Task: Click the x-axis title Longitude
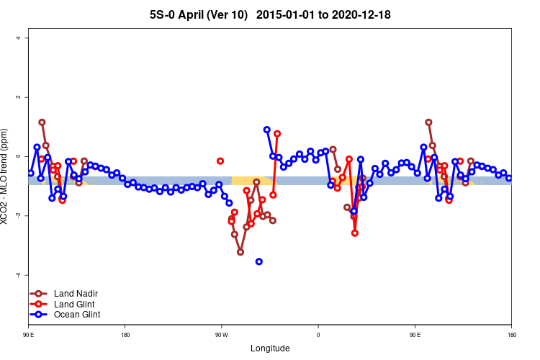click(x=270, y=348)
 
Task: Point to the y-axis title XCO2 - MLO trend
click(x=7, y=176)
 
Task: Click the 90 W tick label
click(x=221, y=335)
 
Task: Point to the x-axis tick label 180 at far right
click(x=511, y=335)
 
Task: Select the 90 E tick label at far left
click(x=28, y=335)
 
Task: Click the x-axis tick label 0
click(x=318, y=335)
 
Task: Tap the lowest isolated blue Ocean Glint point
click(x=259, y=261)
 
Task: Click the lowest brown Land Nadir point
click(x=240, y=252)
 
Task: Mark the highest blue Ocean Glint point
click(x=267, y=130)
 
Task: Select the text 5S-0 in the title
click(x=162, y=14)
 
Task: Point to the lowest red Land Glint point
click(x=355, y=233)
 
